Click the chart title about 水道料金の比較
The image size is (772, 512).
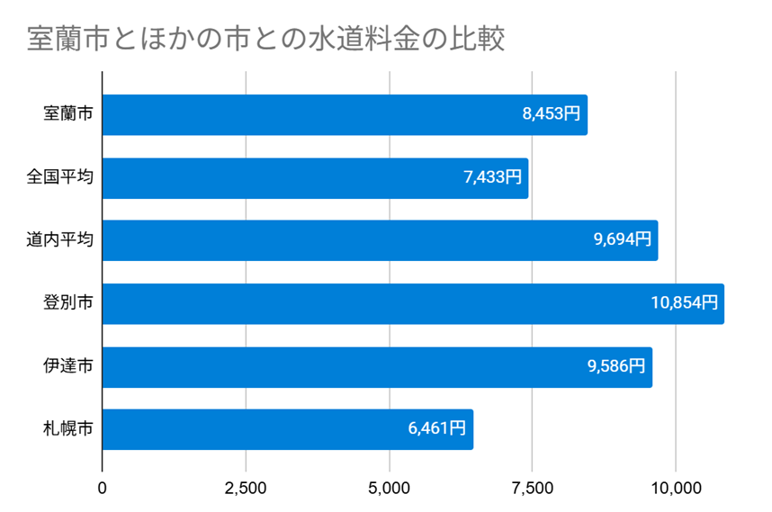[x=265, y=40]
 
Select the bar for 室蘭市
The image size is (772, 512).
[x=345, y=115]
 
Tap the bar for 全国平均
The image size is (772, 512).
[x=315, y=178]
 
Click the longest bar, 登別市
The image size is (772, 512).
[x=413, y=303]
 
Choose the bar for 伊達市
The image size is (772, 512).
[x=377, y=366]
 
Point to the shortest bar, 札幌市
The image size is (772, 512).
[x=288, y=429]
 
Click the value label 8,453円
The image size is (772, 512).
[x=551, y=115]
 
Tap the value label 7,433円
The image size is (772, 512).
[x=492, y=178]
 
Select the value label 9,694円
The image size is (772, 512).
[x=622, y=240]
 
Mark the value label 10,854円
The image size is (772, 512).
[x=684, y=303]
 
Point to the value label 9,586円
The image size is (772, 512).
[x=616, y=366]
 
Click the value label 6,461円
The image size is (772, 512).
[x=437, y=429]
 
